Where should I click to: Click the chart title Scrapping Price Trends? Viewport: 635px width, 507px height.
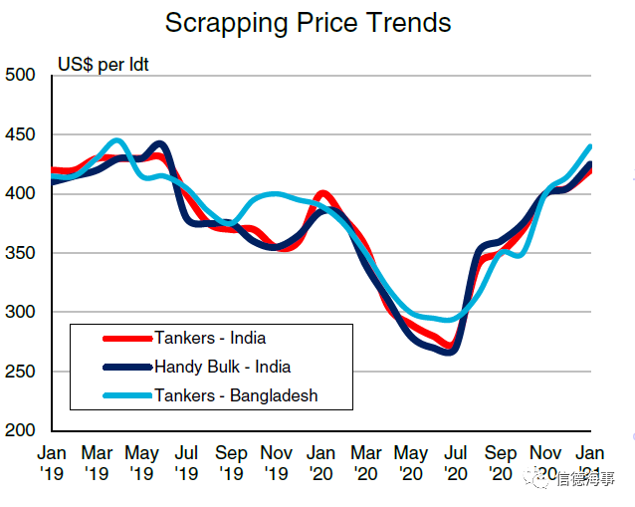(x=308, y=23)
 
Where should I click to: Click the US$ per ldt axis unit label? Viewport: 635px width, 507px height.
(x=104, y=67)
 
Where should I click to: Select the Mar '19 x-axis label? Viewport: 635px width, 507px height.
(x=97, y=463)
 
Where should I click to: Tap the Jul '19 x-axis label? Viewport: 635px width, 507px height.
(x=187, y=463)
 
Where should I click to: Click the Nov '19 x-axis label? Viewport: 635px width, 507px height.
(x=277, y=463)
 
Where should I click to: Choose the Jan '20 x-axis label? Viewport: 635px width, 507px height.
(x=321, y=463)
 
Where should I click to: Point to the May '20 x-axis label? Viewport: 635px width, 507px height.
(x=412, y=463)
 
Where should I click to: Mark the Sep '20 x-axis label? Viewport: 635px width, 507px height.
(x=502, y=463)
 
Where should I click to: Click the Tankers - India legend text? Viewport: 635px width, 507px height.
(x=210, y=338)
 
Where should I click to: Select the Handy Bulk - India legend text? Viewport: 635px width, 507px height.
(x=222, y=367)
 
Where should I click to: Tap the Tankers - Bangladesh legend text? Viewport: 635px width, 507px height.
(x=236, y=395)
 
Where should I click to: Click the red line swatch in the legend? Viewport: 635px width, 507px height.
(x=125, y=339)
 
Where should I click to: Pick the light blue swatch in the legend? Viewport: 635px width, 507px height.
(x=125, y=396)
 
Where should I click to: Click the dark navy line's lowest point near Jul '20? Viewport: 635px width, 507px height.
(x=450, y=351)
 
